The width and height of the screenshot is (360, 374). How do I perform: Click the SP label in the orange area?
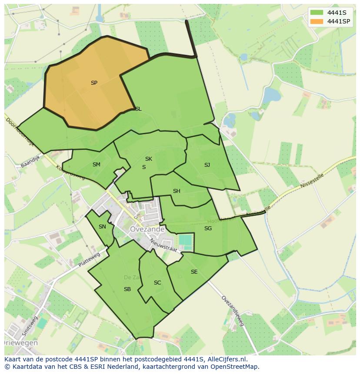(94, 83)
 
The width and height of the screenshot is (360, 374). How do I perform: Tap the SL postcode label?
(138, 109)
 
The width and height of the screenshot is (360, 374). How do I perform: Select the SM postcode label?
(97, 165)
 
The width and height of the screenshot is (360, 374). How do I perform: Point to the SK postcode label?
(149, 159)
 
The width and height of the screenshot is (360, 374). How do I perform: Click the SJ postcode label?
(207, 165)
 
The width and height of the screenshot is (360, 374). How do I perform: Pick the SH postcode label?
(177, 191)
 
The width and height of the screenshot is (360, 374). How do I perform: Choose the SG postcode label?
(208, 228)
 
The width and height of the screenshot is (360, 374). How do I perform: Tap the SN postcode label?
(102, 227)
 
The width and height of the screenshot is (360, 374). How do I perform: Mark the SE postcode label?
(194, 272)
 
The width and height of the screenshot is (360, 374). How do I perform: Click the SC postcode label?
(157, 283)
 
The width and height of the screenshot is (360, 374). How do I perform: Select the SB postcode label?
(127, 289)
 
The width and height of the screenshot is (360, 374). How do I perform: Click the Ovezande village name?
(147, 229)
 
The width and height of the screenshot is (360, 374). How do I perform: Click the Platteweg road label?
(89, 259)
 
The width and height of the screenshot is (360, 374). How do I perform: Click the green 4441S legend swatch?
(317, 12)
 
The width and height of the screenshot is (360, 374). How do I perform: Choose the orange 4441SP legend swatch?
(317, 21)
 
